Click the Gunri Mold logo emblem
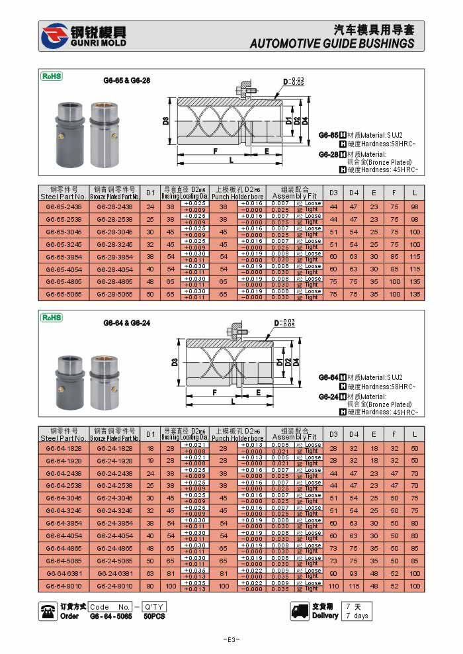[x=54, y=36]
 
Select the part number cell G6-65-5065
[x=63, y=294]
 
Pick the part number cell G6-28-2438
[x=115, y=207]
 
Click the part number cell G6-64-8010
[x=63, y=586]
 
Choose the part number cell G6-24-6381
[x=115, y=573]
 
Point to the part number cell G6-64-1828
[x=63, y=447]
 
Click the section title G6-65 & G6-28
[x=126, y=80]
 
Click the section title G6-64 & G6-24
[x=126, y=323]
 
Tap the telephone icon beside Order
[x=48, y=611]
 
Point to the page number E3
[x=231, y=639]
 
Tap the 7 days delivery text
[x=357, y=616]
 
